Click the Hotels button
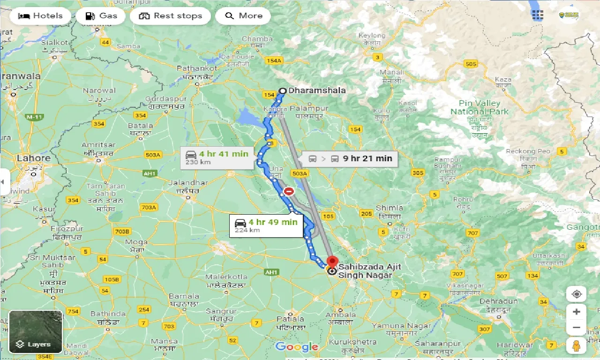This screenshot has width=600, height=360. [x=40, y=16]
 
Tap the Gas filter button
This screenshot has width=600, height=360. [x=101, y=16]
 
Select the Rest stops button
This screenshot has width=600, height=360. [x=170, y=16]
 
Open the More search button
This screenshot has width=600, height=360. [x=243, y=16]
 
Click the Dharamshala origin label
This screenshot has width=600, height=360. [x=317, y=90]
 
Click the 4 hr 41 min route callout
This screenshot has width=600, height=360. [x=217, y=157]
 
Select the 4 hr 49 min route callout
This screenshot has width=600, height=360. [x=266, y=225]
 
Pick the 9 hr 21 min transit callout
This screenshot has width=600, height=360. [x=350, y=158]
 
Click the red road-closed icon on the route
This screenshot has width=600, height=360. [x=289, y=191]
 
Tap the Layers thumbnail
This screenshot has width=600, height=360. [x=36, y=331]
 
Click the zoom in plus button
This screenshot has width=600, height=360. [x=576, y=312]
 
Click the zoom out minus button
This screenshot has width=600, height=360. [x=576, y=328]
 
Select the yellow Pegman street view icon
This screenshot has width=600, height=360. [x=576, y=346]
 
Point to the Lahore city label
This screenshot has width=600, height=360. [x=33, y=158]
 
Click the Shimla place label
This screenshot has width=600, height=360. [x=389, y=208]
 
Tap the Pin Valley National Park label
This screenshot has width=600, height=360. [x=479, y=107]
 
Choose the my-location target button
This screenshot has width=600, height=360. [x=576, y=294]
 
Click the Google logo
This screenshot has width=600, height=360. [x=297, y=347]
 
